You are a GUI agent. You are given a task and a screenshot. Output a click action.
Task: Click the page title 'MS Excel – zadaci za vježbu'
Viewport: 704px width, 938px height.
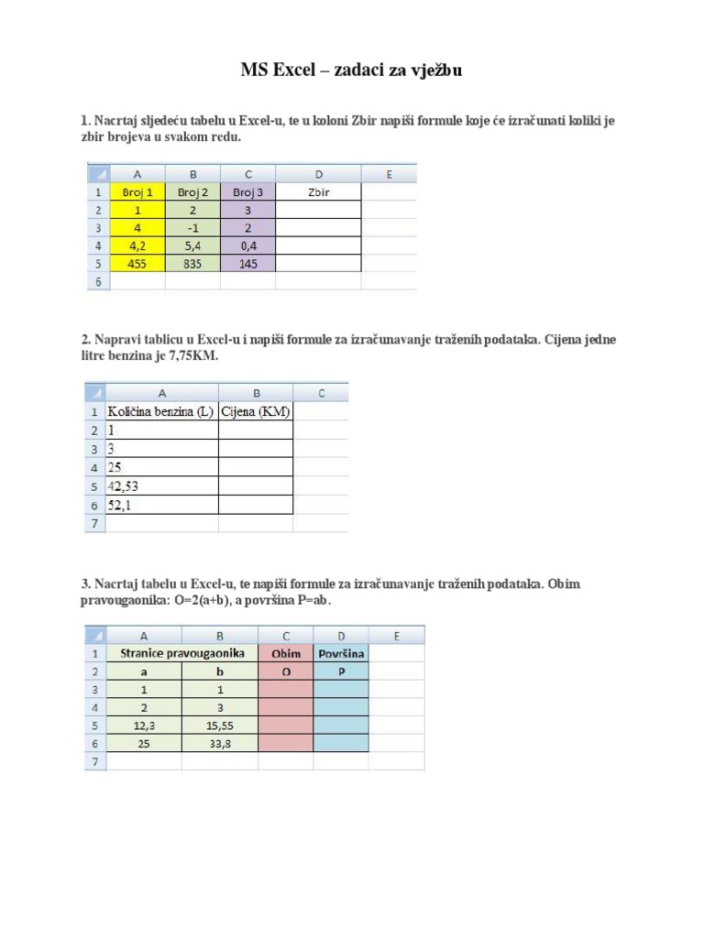click(351, 70)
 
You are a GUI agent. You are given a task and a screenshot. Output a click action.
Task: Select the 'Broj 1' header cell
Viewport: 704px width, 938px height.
click(137, 192)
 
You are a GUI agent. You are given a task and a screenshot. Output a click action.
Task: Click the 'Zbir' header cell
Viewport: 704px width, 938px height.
click(319, 192)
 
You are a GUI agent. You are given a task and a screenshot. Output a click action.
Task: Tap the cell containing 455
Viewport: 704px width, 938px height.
click(137, 264)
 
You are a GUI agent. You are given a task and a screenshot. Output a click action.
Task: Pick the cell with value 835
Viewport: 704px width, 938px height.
click(193, 264)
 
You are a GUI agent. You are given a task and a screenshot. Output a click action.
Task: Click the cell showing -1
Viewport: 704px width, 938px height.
click(193, 228)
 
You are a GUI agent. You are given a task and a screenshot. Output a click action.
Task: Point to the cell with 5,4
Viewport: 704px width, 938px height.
click(193, 246)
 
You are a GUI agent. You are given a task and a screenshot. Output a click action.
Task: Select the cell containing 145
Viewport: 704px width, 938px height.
click(247, 264)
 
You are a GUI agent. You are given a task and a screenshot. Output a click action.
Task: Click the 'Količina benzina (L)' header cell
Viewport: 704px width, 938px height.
click(161, 412)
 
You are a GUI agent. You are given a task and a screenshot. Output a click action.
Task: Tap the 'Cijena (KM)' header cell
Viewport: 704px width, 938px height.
click(255, 412)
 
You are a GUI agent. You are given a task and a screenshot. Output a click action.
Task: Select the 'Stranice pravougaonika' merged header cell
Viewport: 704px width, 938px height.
click(181, 653)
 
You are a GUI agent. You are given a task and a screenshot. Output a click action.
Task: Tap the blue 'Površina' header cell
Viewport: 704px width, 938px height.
click(341, 653)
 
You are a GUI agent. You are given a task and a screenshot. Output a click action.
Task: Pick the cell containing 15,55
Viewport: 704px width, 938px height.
click(220, 725)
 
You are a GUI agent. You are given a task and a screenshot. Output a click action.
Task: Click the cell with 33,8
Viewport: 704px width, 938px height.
click(220, 743)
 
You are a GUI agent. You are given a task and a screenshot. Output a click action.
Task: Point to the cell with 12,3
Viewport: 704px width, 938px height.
click(144, 725)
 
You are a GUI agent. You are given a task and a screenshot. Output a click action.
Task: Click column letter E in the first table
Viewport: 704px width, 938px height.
click(389, 174)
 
